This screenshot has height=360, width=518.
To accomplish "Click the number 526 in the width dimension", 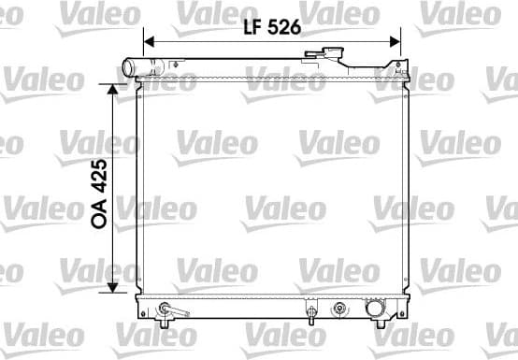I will coord(282,27).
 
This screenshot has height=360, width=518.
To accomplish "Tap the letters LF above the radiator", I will coord(248,27).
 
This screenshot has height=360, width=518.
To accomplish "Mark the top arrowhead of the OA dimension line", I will coord(115,89).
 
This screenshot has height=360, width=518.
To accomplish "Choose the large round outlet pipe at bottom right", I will coord(374,308).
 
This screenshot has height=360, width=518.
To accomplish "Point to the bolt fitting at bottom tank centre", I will coord(309,310).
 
